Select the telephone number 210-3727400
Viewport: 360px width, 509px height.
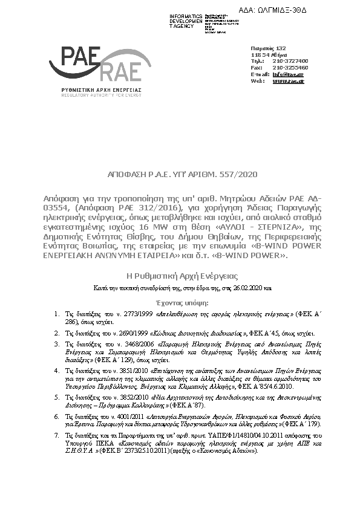290,61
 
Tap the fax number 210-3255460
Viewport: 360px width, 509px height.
290,68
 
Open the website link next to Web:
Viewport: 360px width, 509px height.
289,80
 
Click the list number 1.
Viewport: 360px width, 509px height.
57,315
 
